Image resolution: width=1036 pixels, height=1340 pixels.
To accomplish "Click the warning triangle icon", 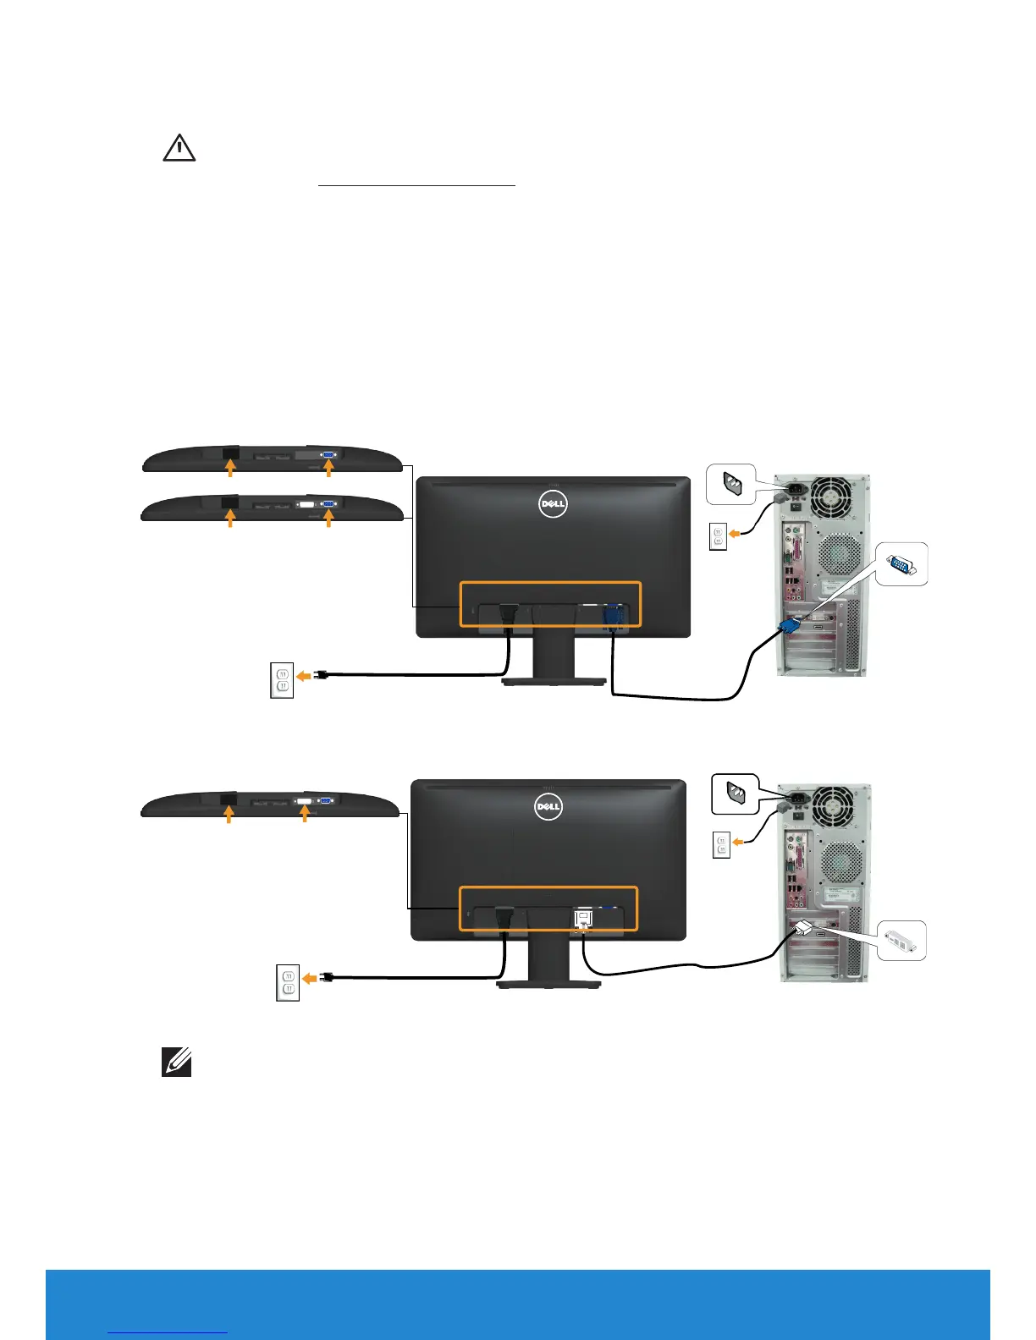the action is (179, 148).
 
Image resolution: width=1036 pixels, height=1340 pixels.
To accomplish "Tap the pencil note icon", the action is (177, 1063).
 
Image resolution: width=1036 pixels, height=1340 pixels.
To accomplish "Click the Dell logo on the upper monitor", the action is (553, 505).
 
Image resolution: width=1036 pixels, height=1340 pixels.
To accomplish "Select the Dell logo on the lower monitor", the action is (548, 807).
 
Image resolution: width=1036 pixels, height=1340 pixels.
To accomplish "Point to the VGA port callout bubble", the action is (901, 564).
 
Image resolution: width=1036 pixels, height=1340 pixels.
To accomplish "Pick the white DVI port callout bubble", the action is (901, 941).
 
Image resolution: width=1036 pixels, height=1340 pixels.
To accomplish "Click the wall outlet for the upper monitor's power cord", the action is (282, 681).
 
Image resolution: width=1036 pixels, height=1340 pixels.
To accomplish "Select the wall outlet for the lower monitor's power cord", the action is (289, 982).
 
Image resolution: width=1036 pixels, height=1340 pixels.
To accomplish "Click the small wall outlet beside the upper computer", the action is (718, 537).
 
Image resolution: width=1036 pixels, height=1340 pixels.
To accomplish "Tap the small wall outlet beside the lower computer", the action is (721, 846).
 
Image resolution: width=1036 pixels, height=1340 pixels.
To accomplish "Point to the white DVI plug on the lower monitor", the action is (583, 917).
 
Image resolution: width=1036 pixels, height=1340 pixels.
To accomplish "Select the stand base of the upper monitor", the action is (554, 681).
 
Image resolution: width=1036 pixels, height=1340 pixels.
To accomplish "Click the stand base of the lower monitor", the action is (548, 984).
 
